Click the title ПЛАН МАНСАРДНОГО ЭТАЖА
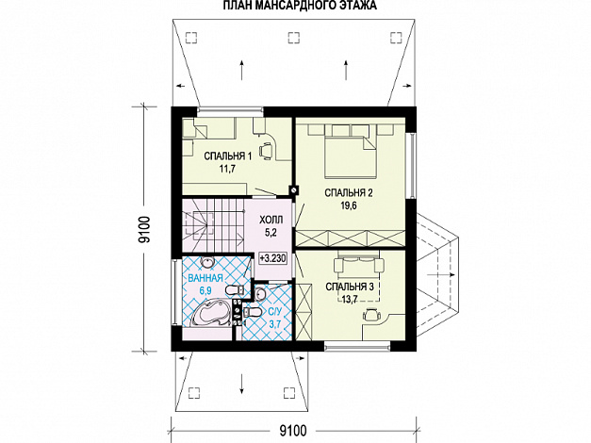tap(300, 6)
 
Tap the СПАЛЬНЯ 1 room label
tap(228, 156)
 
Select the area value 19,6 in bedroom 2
tap(349, 205)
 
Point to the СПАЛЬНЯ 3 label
tap(350, 287)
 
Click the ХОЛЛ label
tap(271, 220)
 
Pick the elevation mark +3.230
tap(272, 259)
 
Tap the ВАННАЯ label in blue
tap(205, 279)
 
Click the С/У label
tap(275, 311)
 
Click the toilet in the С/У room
tap(252, 311)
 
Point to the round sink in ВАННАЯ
tap(206, 262)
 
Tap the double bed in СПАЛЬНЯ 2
tap(351, 156)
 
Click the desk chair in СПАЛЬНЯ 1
tap(268, 149)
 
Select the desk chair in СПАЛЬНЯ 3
tap(370, 315)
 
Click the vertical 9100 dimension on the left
tap(144, 229)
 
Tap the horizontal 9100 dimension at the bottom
tap(293, 430)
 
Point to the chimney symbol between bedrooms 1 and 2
tap(294, 189)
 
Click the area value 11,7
tap(228, 169)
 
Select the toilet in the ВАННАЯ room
tap(236, 290)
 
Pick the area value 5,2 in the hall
tap(271, 233)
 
